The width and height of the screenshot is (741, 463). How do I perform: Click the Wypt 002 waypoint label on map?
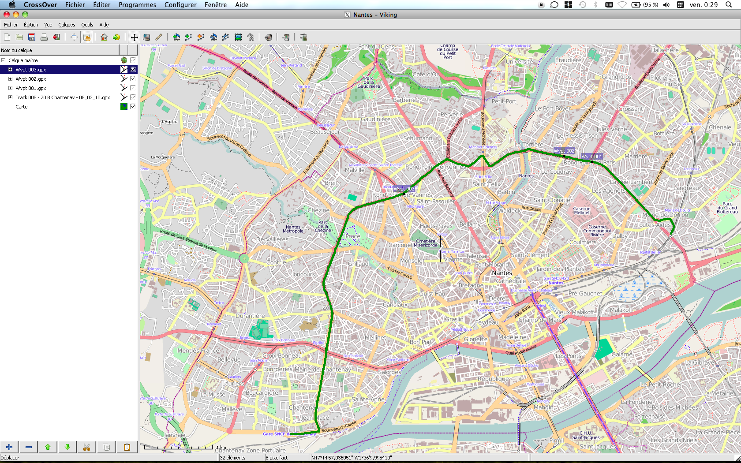pyautogui.click(x=564, y=151)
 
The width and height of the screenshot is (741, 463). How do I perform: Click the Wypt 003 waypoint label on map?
pyautogui.click(x=404, y=189)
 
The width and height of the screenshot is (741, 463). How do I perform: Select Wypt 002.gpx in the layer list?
pyautogui.click(x=31, y=79)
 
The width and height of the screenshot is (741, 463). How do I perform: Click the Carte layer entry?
pyautogui.click(x=22, y=107)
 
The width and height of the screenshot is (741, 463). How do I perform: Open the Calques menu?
pyautogui.click(x=67, y=25)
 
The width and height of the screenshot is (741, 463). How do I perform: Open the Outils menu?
pyautogui.click(x=87, y=25)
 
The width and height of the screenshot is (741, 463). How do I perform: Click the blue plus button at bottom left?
pyautogui.click(x=9, y=447)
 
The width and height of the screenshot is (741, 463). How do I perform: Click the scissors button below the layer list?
pyautogui.click(x=86, y=447)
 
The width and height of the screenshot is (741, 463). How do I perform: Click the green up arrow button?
pyautogui.click(x=48, y=447)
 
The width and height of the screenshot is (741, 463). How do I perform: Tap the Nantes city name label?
pyautogui.click(x=502, y=273)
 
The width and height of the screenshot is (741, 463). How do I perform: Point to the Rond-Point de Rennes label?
pyautogui.click(x=435, y=167)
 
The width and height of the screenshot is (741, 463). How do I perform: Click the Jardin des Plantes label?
pyautogui.click(x=560, y=269)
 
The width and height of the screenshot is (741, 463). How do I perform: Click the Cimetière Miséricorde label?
pyautogui.click(x=426, y=243)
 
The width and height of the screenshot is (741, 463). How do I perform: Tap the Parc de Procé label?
pyautogui.click(x=353, y=236)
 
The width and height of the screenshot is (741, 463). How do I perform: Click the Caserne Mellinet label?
pyautogui.click(x=582, y=210)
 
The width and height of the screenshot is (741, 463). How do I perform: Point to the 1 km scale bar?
pyautogui.click(x=178, y=448)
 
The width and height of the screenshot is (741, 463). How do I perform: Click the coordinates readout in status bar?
pyautogui.click(x=352, y=458)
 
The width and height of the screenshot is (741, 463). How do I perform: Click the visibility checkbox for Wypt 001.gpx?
pyautogui.click(x=133, y=88)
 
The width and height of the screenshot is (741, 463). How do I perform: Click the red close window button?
pyautogui.click(x=7, y=15)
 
